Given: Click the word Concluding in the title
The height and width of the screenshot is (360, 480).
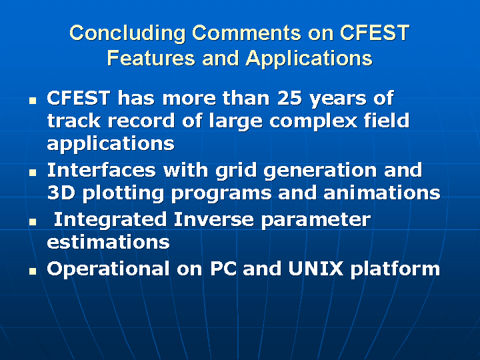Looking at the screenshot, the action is (127, 33).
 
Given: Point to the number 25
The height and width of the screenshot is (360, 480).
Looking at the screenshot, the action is (289, 98).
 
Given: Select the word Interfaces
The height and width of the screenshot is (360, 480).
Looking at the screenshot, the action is (101, 170).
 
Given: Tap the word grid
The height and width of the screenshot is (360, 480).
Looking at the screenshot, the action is (236, 171).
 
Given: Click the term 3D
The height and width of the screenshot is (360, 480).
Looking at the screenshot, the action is (61, 193).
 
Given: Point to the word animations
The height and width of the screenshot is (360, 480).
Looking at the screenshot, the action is (382, 193).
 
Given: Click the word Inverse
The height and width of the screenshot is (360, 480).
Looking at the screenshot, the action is (214, 219).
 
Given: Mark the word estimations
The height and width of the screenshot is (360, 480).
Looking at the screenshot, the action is (108, 242).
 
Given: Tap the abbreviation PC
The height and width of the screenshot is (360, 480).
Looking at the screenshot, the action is (223, 269).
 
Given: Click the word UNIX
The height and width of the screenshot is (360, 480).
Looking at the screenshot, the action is (315, 269).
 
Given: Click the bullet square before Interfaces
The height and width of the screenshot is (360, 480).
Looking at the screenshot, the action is (33, 173).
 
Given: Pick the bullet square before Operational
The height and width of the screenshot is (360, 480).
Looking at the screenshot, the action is (33, 271).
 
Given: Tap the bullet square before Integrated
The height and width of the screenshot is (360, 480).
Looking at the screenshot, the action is (33, 222).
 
